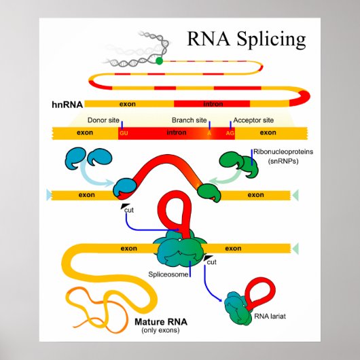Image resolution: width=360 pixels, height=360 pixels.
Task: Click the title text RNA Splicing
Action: (x=247, y=39)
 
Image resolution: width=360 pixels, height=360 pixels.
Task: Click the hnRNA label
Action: (x=66, y=105)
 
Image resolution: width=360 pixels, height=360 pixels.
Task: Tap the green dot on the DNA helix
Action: (x=159, y=60)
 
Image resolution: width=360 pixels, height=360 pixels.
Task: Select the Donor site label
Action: (x=103, y=120)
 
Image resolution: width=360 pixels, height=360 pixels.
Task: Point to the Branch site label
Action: (x=188, y=120)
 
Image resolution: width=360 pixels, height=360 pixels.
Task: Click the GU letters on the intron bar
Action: (x=124, y=132)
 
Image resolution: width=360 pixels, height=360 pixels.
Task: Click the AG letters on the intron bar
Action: (x=230, y=132)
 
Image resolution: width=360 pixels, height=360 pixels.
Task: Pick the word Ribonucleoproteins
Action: (x=283, y=151)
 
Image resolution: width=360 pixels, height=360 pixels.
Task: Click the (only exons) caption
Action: (x=160, y=330)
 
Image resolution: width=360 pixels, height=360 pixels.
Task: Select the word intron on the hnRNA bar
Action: (x=213, y=104)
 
